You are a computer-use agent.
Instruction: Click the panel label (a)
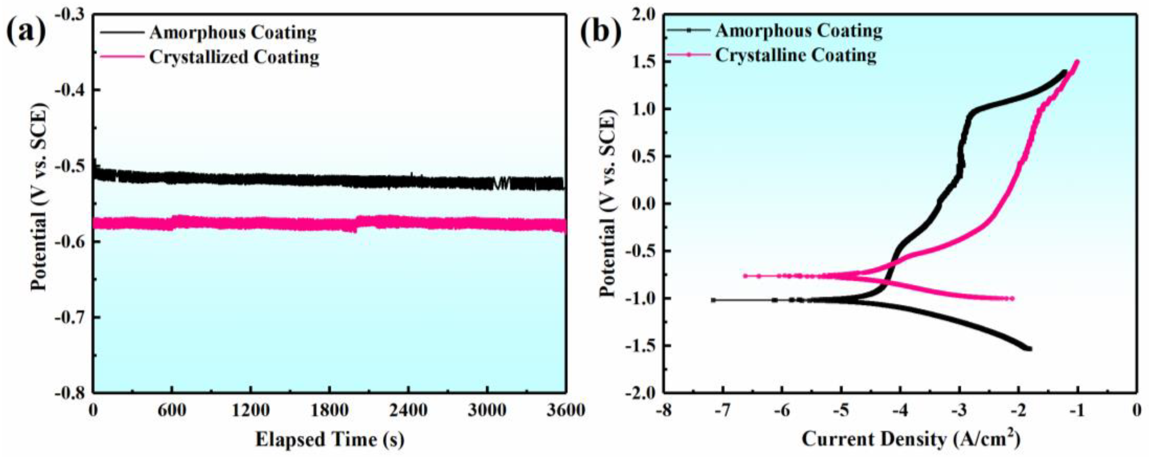[x=26, y=32]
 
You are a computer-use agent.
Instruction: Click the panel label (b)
[x=600, y=32]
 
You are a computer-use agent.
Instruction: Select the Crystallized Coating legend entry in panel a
[x=234, y=57]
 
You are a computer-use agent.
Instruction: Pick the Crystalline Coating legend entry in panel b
[x=796, y=55]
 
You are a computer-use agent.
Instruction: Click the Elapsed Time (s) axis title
[x=330, y=440]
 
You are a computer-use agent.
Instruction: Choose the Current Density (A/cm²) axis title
[x=911, y=440]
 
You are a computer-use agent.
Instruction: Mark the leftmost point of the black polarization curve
[x=713, y=300]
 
